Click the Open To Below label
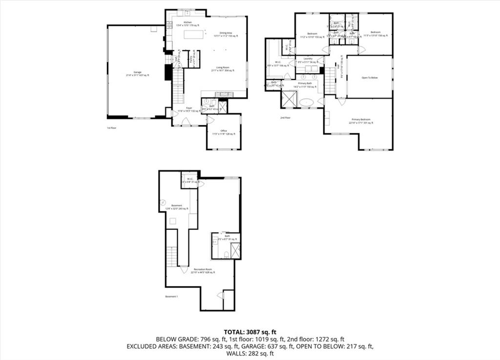pos(370,78)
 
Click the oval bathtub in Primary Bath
pos(308,102)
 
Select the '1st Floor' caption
pos(112,128)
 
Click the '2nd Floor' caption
pos(286,118)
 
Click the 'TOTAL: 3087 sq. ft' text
pos(250,331)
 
